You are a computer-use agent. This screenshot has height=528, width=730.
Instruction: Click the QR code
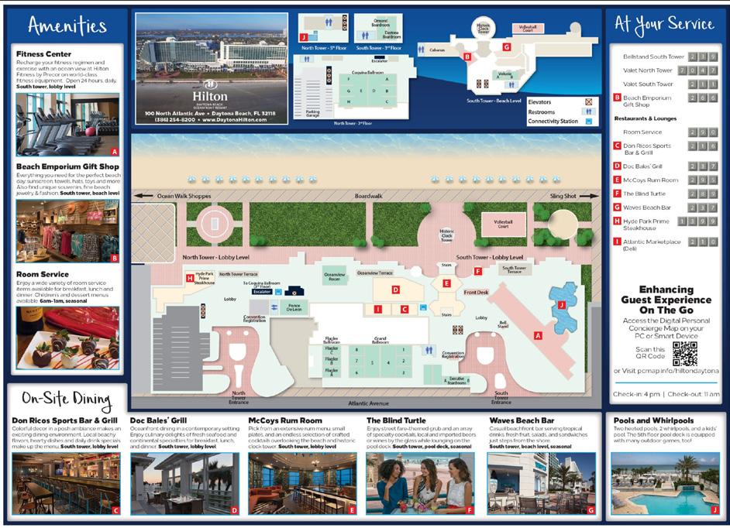coord(685,353)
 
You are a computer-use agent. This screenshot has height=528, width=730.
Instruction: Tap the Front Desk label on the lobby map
coord(477,293)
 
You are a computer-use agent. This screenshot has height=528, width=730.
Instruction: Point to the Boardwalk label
coord(369,197)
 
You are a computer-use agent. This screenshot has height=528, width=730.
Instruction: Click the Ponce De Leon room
coord(294,307)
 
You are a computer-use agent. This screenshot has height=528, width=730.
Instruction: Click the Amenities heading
coord(67,26)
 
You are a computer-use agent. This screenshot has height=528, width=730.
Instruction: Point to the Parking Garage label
coord(312,114)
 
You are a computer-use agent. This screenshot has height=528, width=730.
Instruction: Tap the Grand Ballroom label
coord(380,339)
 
